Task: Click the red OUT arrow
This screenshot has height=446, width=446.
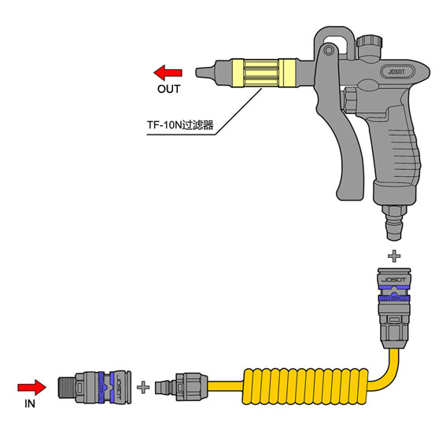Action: (x=168, y=73)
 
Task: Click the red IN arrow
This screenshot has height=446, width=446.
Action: (x=31, y=387)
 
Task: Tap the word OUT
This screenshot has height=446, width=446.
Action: (x=168, y=89)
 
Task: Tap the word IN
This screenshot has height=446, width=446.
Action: (x=30, y=404)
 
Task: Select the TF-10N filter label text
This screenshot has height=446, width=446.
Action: (x=180, y=125)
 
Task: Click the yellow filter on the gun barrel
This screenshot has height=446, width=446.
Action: (x=264, y=73)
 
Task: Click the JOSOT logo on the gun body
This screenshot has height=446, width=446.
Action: (x=396, y=72)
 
